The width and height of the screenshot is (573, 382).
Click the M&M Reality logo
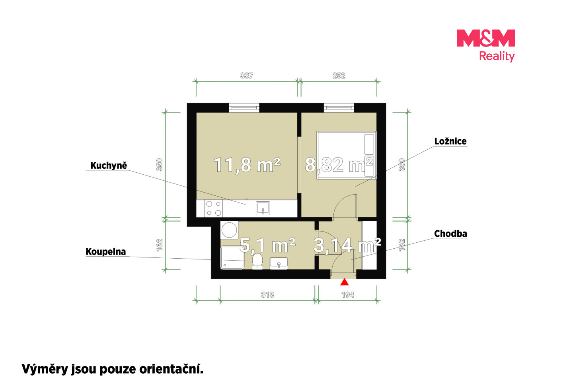486,46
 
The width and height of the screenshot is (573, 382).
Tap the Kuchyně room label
109,166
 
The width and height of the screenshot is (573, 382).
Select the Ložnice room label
450,141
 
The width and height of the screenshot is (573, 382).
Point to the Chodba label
450,234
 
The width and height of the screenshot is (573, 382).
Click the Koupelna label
106,252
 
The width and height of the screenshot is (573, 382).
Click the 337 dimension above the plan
247,76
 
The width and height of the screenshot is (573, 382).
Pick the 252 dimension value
339,76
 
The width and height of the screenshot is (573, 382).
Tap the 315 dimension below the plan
267,295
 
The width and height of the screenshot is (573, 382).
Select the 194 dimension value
348,295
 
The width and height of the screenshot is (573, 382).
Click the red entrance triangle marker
345,282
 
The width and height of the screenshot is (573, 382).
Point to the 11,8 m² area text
247,165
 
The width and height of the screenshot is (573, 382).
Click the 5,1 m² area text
267,245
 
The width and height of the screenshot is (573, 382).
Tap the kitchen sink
263,208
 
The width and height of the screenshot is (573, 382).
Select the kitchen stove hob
214,208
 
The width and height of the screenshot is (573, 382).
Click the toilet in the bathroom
257,261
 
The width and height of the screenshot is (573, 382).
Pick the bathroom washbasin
279,263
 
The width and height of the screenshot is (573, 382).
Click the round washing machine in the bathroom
229,230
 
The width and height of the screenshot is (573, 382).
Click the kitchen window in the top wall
244,108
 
